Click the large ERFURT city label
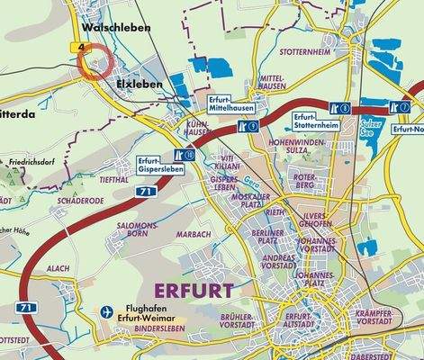click(x=194, y=290)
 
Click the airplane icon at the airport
click(x=108, y=311)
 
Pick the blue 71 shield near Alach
click(x=28, y=308)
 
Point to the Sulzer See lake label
click(x=366, y=121)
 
